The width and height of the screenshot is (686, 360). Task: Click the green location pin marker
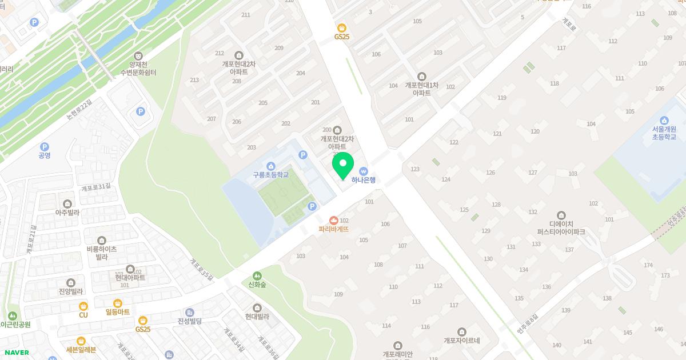pyautogui.click(x=342, y=166)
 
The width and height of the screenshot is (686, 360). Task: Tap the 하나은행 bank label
pyautogui.click(x=363, y=179)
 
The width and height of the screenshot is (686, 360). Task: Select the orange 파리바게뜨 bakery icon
pyautogui.click(x=334, y=221)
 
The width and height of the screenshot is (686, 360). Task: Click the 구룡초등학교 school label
pyautogui.click(x=272, y=175)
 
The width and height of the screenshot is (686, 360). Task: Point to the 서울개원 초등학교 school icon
pyautogui.click(x=664, y=120)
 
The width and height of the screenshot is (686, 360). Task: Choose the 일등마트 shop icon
pyautogui.click(x=118, y=303)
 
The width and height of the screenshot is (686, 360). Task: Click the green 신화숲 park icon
pyautogui.click(x=257, y=275)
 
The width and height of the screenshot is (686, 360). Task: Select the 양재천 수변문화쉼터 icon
pyautogui.click(x=138, y=55)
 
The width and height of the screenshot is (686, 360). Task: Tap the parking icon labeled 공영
pyautogui.click(x=45, y=147)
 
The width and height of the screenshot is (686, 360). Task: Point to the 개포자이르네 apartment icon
pyautogui.click(x=462, y=332)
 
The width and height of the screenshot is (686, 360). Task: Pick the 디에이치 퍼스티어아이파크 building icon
pyautogui.click(x=561, y=215)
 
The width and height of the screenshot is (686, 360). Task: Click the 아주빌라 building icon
pyautogui.click(x=67, y=203)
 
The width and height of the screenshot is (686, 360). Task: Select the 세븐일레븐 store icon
pyautogui.click(x=81, y=341)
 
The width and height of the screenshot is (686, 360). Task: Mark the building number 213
pyautogui.click(x=194, y=80)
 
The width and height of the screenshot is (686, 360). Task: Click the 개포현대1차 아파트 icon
pyautogui.click(x=422, y=77)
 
